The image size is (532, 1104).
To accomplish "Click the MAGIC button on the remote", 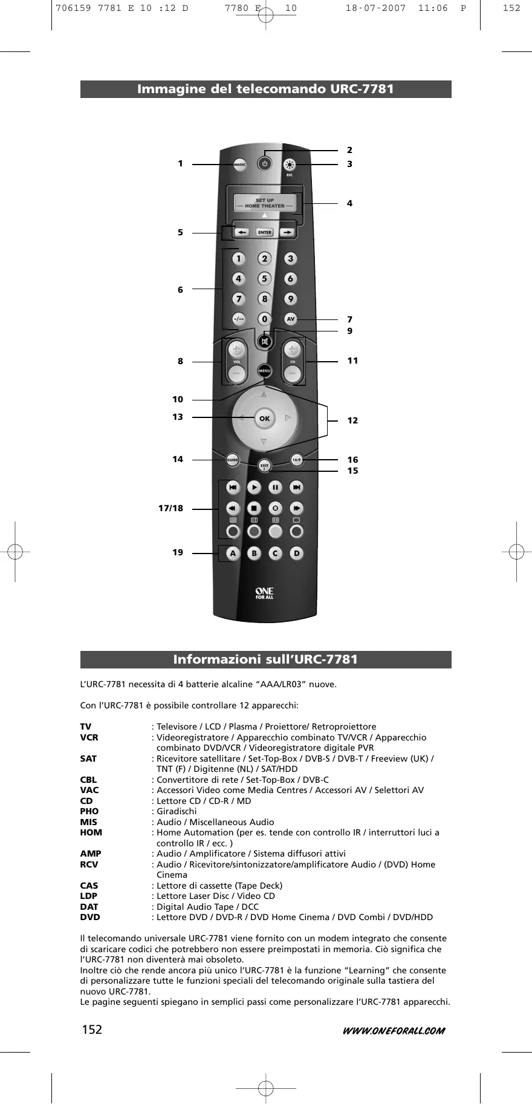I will (x=240, y=164).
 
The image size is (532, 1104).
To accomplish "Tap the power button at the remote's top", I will (x=264, y=164).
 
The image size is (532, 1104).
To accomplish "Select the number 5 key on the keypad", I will (x=264, y=279).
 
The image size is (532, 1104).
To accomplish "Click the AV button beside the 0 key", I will (x=291, y=319).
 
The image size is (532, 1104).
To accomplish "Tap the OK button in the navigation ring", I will (x=264, y=418).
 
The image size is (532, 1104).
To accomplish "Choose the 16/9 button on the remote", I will (x=296, y=460).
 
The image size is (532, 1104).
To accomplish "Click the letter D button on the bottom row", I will (x=296, y=553).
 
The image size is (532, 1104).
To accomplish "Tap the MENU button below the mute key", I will (x=264, y=370).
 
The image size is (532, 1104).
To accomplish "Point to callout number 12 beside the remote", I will (x=352, y=420).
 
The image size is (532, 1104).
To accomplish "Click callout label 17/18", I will (x=170, y=508).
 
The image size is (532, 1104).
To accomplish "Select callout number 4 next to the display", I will (x=349, y=203).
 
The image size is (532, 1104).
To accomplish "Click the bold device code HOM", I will (x=91, y=832).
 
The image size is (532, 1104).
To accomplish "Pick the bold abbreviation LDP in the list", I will (x=89, y=896).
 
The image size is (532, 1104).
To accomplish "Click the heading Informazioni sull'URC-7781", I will (x=266, y=659).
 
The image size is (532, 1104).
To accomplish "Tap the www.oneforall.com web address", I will (x=389, y=1030).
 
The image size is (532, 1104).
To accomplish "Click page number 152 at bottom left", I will (x=91, y=1030).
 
